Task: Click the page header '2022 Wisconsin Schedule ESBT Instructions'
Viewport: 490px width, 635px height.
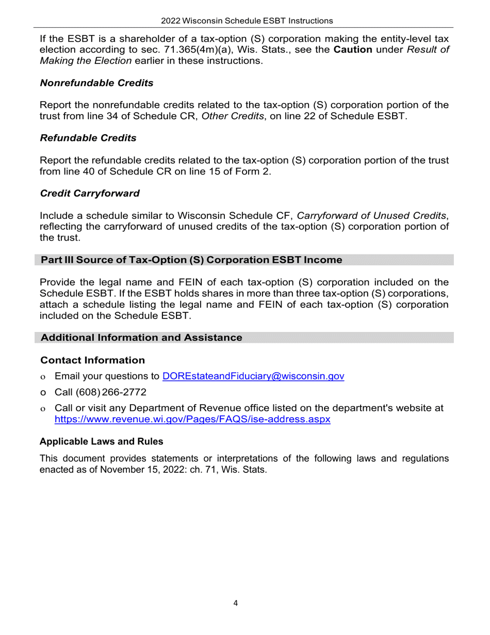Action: [247, 21]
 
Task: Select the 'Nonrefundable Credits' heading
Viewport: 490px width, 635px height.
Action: [96, 83]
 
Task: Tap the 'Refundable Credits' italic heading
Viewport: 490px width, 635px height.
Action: [88, 138]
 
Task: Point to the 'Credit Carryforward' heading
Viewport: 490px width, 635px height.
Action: [90, 193]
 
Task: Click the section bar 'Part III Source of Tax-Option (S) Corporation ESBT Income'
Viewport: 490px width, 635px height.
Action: [191, 260]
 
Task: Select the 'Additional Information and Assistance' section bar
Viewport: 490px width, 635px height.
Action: [141, 338]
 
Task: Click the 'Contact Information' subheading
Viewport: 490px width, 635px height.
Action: [92, 360]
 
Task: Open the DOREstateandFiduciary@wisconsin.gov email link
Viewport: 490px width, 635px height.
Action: [253, 376]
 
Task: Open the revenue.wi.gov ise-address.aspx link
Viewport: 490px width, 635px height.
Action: [192, 419]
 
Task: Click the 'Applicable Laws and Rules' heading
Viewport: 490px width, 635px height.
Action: [101, 441]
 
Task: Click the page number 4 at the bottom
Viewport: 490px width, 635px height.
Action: [236, 603]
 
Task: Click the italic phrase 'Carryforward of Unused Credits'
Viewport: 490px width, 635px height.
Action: [371, 215]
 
